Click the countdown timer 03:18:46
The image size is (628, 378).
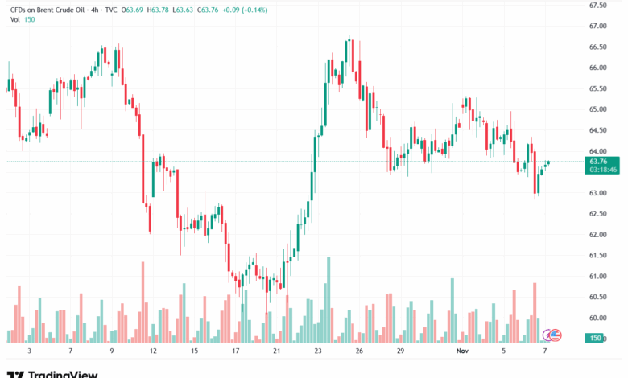603,170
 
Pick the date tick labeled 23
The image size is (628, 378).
319,351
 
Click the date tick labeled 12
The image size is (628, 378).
153,351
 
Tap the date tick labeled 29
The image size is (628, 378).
401,351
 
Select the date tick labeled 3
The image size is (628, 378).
29,351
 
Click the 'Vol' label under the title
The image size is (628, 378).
15,19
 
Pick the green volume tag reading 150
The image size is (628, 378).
596,337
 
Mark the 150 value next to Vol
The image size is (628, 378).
30,19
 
